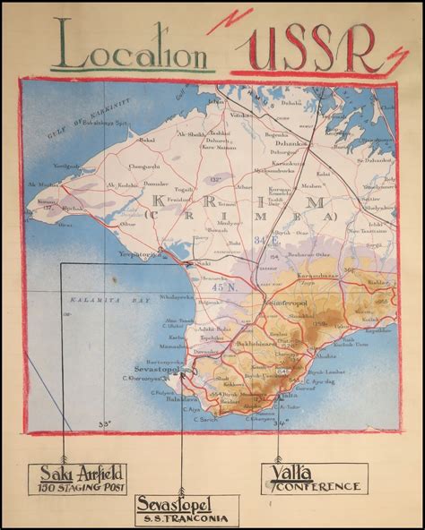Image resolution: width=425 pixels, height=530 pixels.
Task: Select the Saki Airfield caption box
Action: click(76, 478)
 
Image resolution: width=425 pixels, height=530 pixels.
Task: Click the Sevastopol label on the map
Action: click(158, 367)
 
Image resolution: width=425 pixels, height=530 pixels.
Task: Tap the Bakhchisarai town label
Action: click(241, 343)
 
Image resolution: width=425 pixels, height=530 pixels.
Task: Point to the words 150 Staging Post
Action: click(75, 489)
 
